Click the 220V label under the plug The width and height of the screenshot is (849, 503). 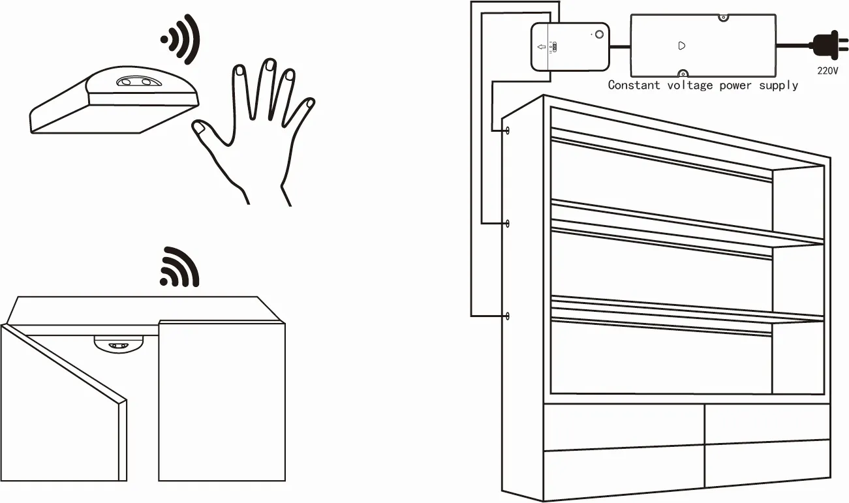[827, 71]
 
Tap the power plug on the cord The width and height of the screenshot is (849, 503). [829, 46]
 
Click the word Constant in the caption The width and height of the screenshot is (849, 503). [634, 85]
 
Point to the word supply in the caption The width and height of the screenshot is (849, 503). [779, 85]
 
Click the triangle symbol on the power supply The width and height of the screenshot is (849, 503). [681, 46]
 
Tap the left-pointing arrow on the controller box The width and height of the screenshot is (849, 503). [542, 47]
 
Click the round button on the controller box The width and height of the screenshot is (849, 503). [599, 35]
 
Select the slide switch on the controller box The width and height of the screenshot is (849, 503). [554, 48]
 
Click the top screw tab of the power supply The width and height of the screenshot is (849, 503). [723, 18]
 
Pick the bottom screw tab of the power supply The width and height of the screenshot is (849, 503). [683, 73]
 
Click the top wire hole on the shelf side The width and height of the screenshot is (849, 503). [508, 130]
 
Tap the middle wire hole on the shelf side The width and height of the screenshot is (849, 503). [508, 224]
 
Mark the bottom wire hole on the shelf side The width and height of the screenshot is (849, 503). [508, 316]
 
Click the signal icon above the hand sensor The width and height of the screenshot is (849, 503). [180, 39]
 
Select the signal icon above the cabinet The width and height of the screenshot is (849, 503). [179, 267]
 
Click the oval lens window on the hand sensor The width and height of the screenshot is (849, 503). [139, 81]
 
